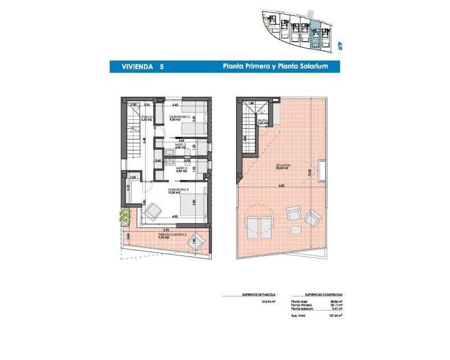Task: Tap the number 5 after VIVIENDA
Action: [x=162, y=66]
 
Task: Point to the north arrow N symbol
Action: [x=340, y=47]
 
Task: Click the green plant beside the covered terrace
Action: [x=123, y=217]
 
